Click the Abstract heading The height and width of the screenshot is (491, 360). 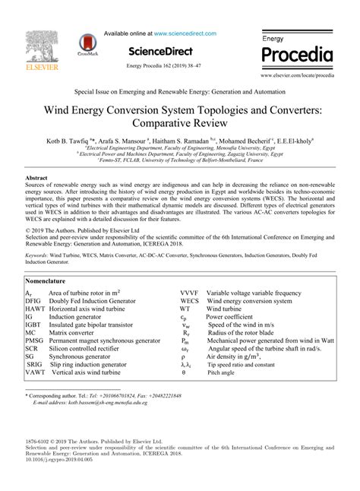pos(38,177)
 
